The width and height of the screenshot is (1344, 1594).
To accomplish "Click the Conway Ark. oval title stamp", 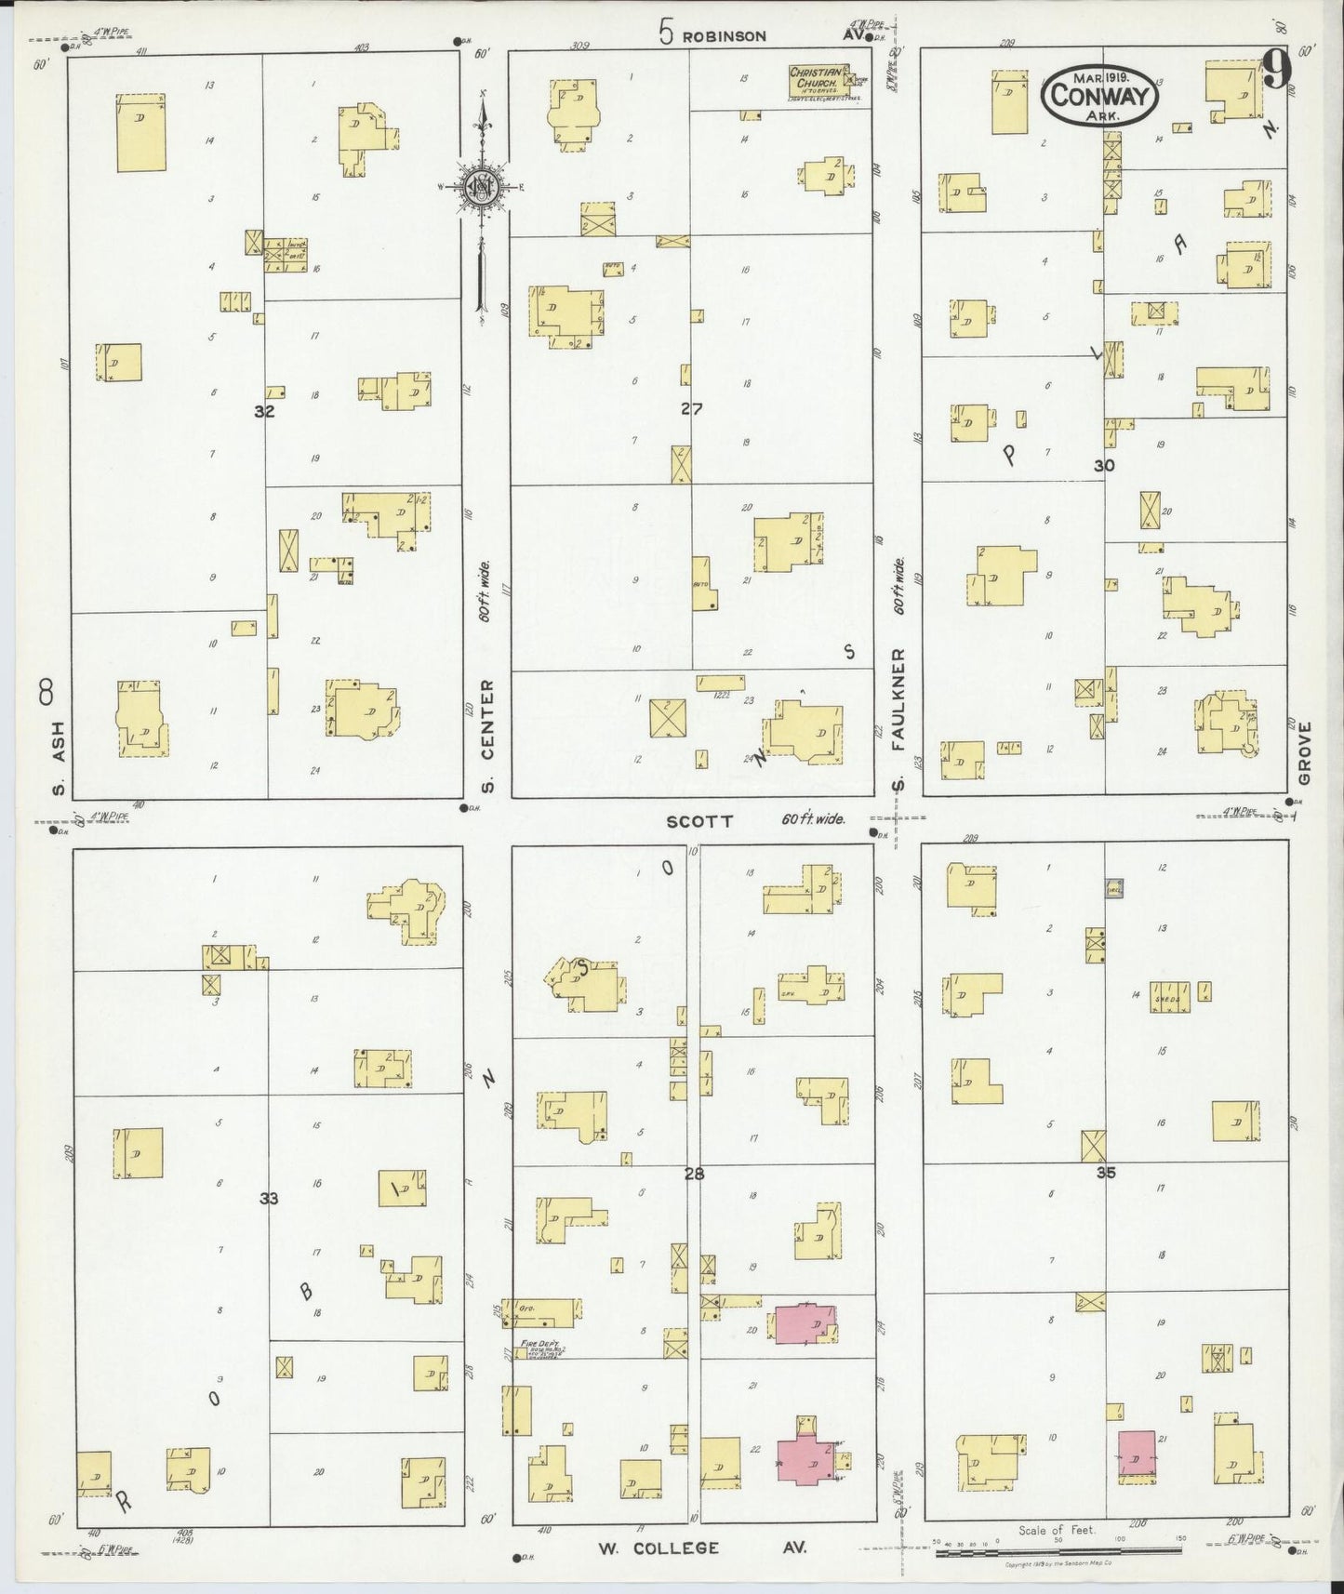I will (x=1100, y=93).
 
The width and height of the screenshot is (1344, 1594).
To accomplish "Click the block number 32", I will (x=265, y=410).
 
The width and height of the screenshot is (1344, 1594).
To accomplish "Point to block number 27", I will (x=690, y=407).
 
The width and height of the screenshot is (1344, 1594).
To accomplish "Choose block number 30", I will (x=1103, y=465).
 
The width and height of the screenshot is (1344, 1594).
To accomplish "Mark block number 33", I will (x=269, y=1199).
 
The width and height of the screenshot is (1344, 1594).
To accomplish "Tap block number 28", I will (x=694, y=1175).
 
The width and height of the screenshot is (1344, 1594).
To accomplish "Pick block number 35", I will (x=1105, y=1173).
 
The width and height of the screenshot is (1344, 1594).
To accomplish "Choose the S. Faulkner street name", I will (x=898, y=721).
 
